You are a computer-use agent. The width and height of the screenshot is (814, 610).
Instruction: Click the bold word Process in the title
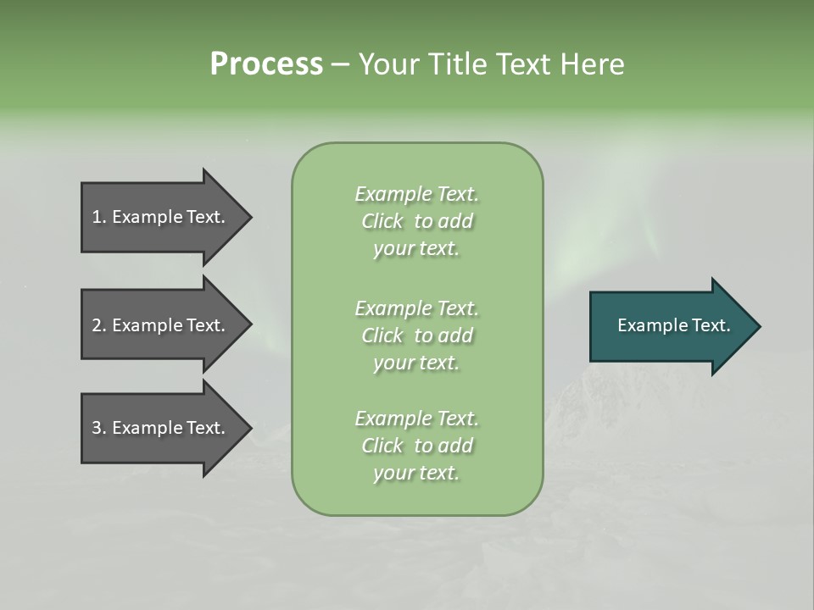click(266, 64)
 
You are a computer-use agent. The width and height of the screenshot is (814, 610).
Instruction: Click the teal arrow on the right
click(670, 325)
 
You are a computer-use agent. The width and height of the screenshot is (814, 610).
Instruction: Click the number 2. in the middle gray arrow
click(99, 325)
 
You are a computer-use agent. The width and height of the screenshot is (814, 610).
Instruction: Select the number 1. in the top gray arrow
click(99, 217)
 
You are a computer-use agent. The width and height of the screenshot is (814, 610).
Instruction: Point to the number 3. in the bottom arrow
click(99, 428)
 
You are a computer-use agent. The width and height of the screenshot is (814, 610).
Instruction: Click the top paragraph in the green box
click(417, 221)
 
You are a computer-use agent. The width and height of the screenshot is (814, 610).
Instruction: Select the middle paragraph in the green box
click(417, 335)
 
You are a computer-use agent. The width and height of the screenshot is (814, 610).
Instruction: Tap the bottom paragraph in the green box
click(417, 446)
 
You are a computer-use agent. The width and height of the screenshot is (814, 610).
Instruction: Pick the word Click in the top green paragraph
click(382, 222)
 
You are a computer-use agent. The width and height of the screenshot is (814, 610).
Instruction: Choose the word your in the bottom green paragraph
click(392, 474)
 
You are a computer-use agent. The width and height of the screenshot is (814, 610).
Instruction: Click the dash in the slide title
click(341, 64)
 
